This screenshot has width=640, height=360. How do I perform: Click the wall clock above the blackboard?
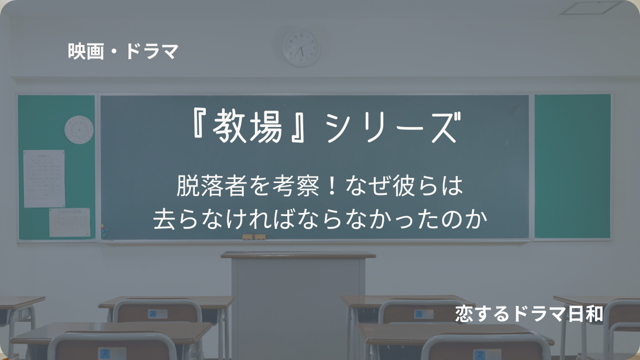(301, 48)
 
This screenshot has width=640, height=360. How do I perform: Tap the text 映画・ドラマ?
(123, 51)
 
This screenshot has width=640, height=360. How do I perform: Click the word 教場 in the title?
(247, 127)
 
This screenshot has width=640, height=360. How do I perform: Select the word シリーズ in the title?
(393, 127)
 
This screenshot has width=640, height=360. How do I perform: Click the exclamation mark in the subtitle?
(332, 186)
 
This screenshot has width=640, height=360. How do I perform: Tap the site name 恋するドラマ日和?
(529, 314)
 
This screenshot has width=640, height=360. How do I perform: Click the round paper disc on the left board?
(79, 129)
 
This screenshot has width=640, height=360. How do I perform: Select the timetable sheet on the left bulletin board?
(44, 178)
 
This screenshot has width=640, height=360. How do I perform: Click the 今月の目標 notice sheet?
(70, 222)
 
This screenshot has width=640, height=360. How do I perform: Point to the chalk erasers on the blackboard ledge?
(254, 237)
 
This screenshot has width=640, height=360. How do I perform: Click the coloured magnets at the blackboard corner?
(104, 231)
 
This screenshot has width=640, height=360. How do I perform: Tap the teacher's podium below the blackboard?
(298, 304)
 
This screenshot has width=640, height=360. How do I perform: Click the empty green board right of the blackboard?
(573, 166)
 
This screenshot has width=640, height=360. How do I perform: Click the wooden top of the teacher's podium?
(298, 255)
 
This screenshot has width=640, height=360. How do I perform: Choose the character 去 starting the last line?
(164, 219)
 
